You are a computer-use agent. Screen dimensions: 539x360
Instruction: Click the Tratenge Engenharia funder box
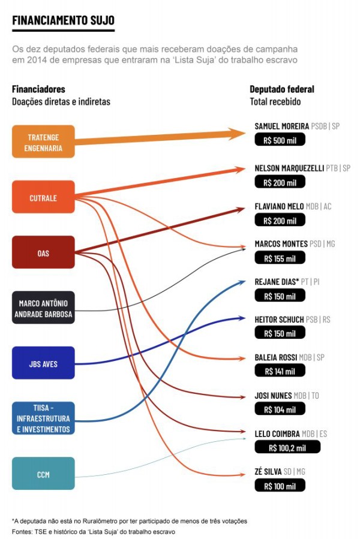[43, 141]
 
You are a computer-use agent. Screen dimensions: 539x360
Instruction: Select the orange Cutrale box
[43, 197]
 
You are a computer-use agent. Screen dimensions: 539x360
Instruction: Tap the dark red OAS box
[43, 252]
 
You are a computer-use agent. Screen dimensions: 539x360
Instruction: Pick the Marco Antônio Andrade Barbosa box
[43, 308]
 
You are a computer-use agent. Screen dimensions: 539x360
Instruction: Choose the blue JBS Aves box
[43, 363]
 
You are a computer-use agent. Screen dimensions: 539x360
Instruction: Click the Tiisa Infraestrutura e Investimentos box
[43, 418]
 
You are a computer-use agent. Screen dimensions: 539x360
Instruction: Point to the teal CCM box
[43, 474]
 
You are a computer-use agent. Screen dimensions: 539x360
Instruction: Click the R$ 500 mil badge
[280, 140]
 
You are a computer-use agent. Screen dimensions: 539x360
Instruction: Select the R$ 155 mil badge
[280, 258]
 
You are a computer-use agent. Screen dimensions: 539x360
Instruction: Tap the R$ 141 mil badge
[280, 371]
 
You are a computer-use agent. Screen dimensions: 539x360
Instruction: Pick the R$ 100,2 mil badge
[287, 447]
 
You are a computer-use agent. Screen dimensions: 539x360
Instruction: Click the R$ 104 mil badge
[280, 409]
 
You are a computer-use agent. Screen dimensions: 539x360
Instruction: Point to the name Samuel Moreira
[281, 127]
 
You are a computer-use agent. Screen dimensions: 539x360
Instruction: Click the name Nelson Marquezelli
[289, 168]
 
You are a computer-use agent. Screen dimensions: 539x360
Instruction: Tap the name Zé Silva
[268, 472]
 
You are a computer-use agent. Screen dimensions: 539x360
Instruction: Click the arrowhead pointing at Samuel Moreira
[239, 134]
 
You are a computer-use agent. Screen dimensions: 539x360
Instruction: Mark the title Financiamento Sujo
[63, 21]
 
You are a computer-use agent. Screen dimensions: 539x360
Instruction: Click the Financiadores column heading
[38, 89]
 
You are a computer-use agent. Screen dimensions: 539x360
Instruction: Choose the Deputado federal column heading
[282, 89]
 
